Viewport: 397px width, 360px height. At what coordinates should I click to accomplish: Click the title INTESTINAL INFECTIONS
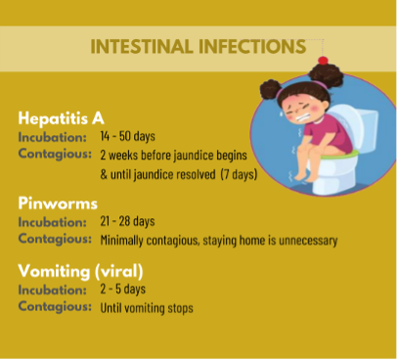(x=198, y=47)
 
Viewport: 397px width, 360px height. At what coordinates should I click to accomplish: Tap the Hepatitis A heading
(x=61, y=118)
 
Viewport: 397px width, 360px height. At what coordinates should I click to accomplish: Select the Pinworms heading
(x=58, y=203)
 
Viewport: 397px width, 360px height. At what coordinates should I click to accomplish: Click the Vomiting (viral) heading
(x=80, y=271)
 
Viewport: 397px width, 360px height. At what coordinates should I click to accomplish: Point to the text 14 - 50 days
(x=127, y=136)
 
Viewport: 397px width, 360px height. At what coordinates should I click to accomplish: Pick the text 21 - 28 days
(x=127, y=221)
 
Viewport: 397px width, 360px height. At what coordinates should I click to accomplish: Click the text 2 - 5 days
(x=123, y=289)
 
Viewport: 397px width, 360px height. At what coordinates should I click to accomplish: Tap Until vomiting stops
(x=147, y=308)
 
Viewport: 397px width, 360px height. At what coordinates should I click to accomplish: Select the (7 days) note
(x=239, y=174)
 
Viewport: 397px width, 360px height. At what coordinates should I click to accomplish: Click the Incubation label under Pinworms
(x=53, y=222)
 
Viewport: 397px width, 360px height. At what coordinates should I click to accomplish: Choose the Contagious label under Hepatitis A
(x=55, y=154)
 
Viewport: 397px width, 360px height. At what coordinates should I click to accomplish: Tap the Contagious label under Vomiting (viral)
(x=55, y=306)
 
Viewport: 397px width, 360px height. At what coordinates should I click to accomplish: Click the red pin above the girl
(x=323, y=61)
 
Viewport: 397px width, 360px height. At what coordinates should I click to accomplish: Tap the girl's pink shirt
(x=326, y=135)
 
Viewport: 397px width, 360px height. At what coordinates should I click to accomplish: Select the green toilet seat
(x=339, y=156)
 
